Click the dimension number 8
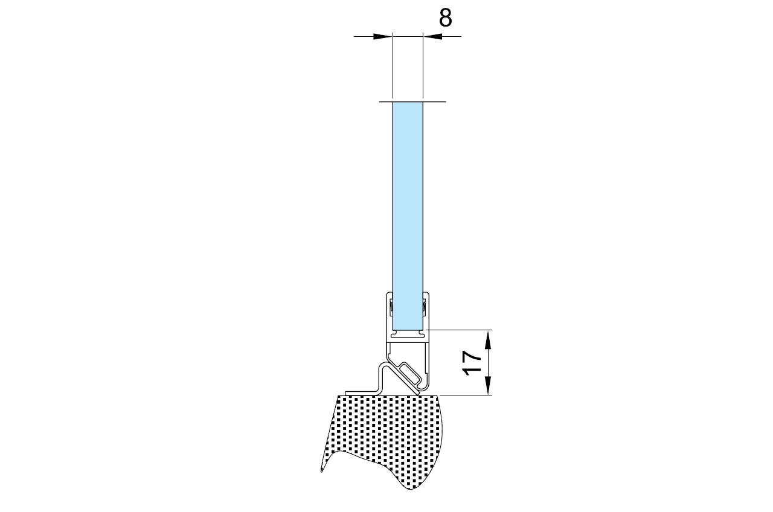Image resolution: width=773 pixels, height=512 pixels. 445,18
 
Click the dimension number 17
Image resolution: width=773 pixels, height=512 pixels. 472,363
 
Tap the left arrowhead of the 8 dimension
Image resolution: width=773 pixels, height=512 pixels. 383,36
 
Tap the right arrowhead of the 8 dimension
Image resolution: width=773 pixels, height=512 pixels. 432,36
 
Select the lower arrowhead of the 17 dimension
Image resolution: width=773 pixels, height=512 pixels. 488,385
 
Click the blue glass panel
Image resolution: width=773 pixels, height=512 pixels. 408,216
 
